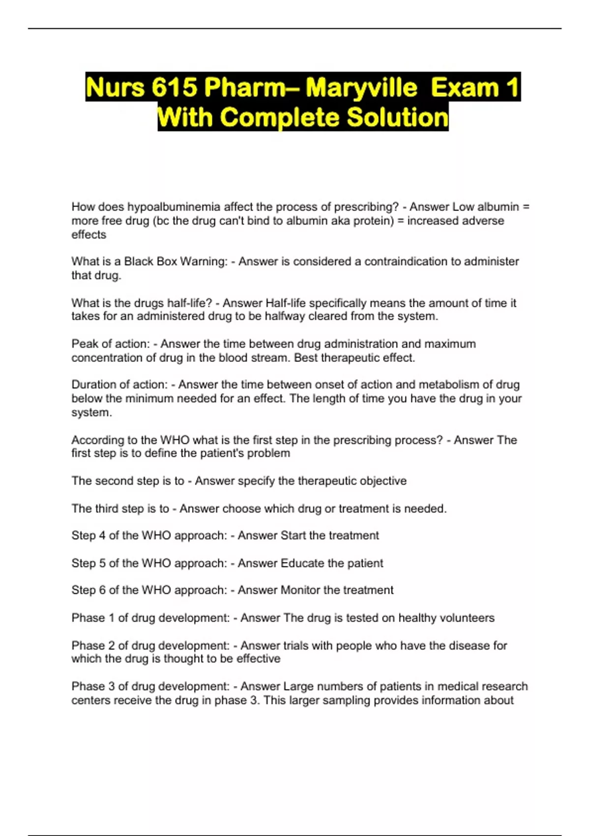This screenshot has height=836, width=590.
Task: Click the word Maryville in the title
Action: [361, 88]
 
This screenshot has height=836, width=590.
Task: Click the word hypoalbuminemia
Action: [174, 207]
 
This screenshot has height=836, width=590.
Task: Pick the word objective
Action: [383, 481]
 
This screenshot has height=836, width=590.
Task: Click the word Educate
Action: [302, 563]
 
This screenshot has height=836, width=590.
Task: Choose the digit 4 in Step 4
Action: [102, 536]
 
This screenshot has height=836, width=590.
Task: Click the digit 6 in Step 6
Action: [102, 590]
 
